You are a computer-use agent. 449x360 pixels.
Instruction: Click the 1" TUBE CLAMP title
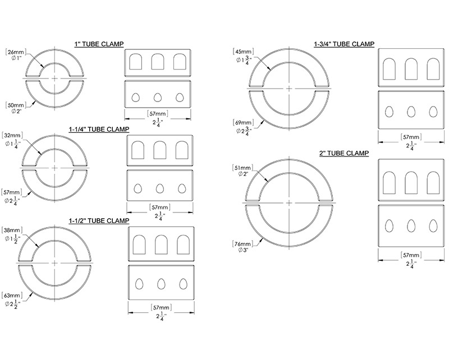coord(99,44)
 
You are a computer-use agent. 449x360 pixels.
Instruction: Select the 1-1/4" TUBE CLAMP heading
coord(99,129)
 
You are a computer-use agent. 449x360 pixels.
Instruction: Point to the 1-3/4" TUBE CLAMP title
coord(343,44)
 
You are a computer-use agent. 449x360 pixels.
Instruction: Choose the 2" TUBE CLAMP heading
coord(343,153)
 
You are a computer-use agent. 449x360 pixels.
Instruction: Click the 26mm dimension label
coord(14,52)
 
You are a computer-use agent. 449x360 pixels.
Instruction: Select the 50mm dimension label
coord(14,105)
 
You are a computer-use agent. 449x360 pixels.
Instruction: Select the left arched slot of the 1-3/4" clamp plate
coord(389,69)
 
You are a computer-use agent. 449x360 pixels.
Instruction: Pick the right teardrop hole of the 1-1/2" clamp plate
coord(183,283)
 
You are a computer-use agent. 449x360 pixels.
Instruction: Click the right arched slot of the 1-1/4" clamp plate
coord(181,150)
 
